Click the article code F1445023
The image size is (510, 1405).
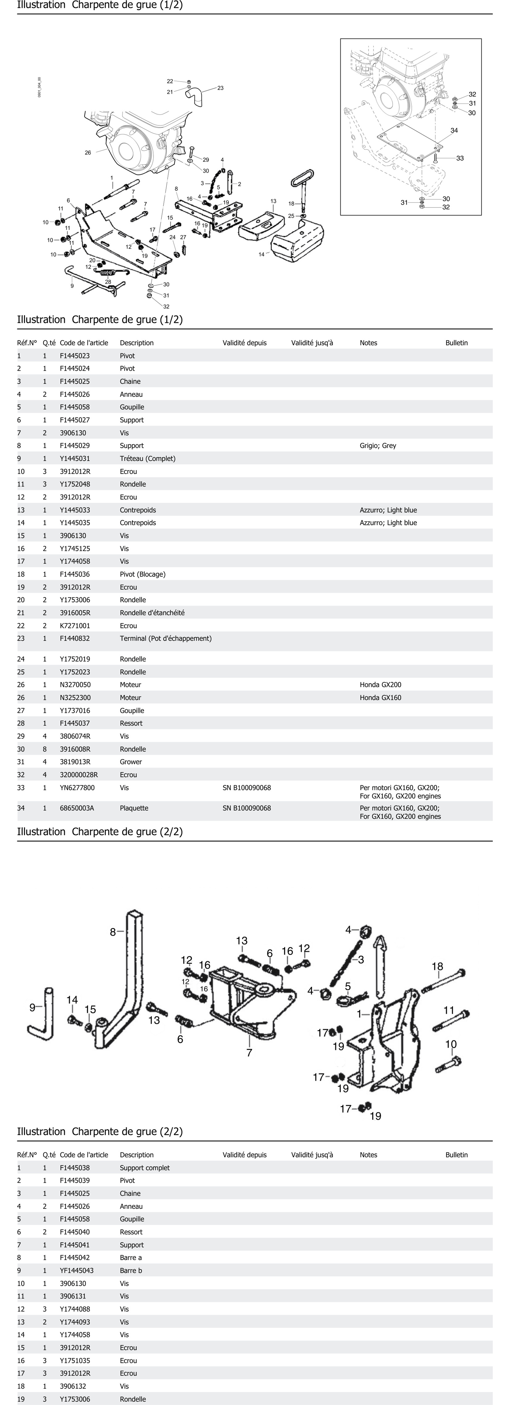pyautogui.click(x=75, y=356)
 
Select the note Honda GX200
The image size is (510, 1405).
pyautogui.click(x=380, y=684)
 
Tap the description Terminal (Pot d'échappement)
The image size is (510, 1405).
pyautogui.click(x=165, y=638)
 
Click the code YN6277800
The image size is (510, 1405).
pyautogui.click(x=77, y=788)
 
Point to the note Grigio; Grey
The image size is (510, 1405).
pyautogui.click(x=377, y=446)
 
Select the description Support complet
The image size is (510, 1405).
pyautogui.click(x=145, y=1168)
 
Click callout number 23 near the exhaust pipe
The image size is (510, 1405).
pyautogui.click(x=220, y=88)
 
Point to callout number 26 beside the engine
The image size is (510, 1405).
pyautogui.click(x=88, y=153)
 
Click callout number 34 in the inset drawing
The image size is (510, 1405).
pyautogui.click(x=454, y=130)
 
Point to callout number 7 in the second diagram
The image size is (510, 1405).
pyautogui.click(x=249, y=1053)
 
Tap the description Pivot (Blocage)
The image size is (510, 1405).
pyautogui.click(x=142, y=574)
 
